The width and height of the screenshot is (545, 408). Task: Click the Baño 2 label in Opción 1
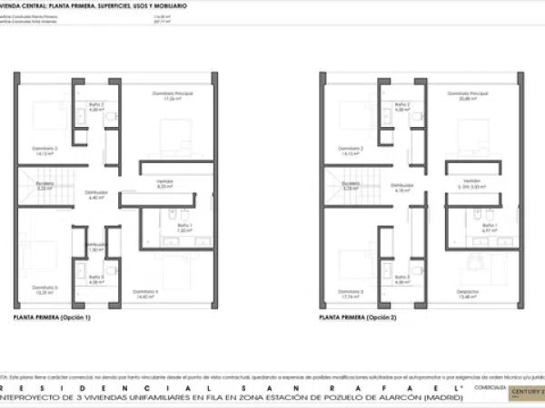[x=96, y=105]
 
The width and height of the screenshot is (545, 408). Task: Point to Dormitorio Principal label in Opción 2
[x=473, y=94]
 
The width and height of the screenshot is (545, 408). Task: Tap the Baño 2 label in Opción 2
[x=402, y=105]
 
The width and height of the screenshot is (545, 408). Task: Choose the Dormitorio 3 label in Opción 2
[x=351, y=292]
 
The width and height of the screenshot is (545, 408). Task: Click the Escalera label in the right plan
[x=351, y=184]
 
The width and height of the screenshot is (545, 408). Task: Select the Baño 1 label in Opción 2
[x=490, y=226]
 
